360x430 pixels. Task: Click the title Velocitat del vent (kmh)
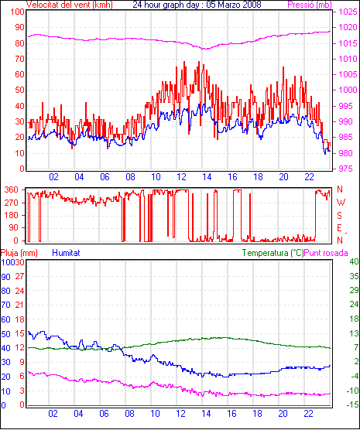[x=69, y=5]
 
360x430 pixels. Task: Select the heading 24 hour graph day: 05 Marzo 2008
[x=197, y=5]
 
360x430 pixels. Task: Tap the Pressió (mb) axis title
[x=310, y=5]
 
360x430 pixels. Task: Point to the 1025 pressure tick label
[x=347, y=12]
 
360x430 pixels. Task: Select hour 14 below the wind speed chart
[x=207, y=177]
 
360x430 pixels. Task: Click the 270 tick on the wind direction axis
[x=12, y=203]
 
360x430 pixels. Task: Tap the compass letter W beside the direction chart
[x=341, y=203]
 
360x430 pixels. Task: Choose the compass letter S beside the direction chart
[x=340, y=216]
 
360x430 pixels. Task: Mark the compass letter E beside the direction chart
[x=340, y=228]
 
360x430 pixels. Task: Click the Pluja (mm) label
[x=19, y=253]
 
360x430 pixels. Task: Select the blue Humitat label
[x=66, y=253]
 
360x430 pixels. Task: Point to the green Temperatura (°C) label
[x=273, y=253]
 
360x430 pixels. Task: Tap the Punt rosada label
[x=326, y=253]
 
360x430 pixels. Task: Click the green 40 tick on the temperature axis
[x=354, y=261]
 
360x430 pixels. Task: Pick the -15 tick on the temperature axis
[x=352, y=404]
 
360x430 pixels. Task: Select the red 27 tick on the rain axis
[x=20, y=276]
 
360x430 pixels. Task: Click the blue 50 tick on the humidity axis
[x=5, y=334]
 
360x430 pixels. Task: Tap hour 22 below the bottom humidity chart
[x=308, y=413]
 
